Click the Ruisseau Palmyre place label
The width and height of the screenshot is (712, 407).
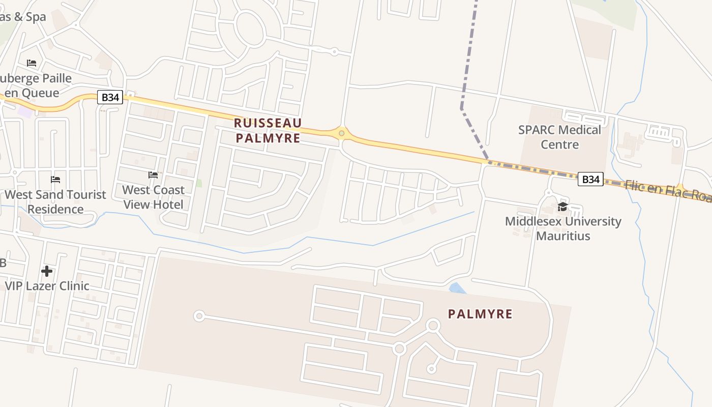[268, 130]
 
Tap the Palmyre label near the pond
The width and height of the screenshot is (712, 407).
[480, 314]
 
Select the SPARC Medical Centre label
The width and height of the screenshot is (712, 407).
[559, 137]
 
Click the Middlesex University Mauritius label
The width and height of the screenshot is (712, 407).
[563, 228]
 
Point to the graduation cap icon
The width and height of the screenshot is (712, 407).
[562, 206]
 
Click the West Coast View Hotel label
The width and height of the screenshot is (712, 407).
[153, 197]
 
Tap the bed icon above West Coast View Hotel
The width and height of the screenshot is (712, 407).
[153, 175]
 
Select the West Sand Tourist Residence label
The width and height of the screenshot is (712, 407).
[55, 201]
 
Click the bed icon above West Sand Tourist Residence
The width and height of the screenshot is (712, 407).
[55, 180]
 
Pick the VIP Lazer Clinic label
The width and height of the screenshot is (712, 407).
[47, 286]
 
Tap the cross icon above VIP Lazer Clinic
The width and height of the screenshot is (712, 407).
[47, 271]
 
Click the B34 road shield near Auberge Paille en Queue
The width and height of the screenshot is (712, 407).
[110, 97]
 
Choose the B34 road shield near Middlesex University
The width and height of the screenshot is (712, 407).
[590, 179]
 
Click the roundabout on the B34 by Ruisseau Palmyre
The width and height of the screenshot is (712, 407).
[342, 133]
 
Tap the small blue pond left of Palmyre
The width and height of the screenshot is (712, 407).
[458, 288]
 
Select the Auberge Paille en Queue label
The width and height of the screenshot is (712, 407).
[36, 85]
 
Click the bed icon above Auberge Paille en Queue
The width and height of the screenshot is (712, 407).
[32, 63]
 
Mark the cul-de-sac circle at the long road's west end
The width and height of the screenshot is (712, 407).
[199, 316]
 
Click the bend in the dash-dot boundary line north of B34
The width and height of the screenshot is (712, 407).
[461, 108]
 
